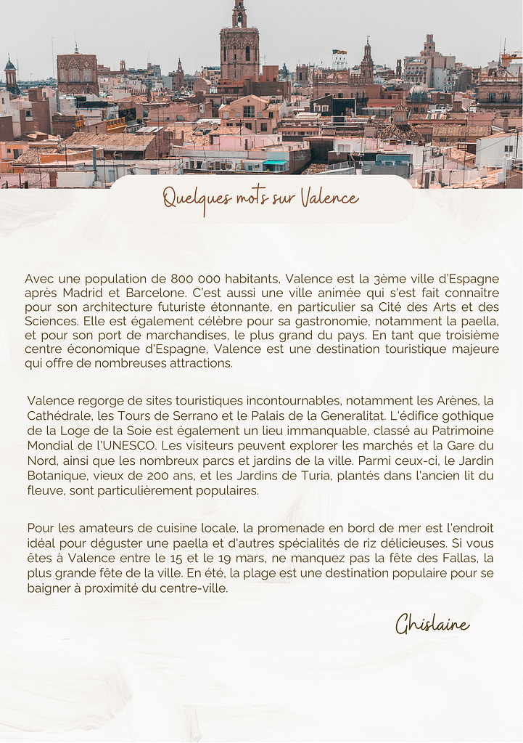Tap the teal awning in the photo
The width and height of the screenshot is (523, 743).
pos(275,163)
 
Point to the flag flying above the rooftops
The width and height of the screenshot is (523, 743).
pos(339,52)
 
